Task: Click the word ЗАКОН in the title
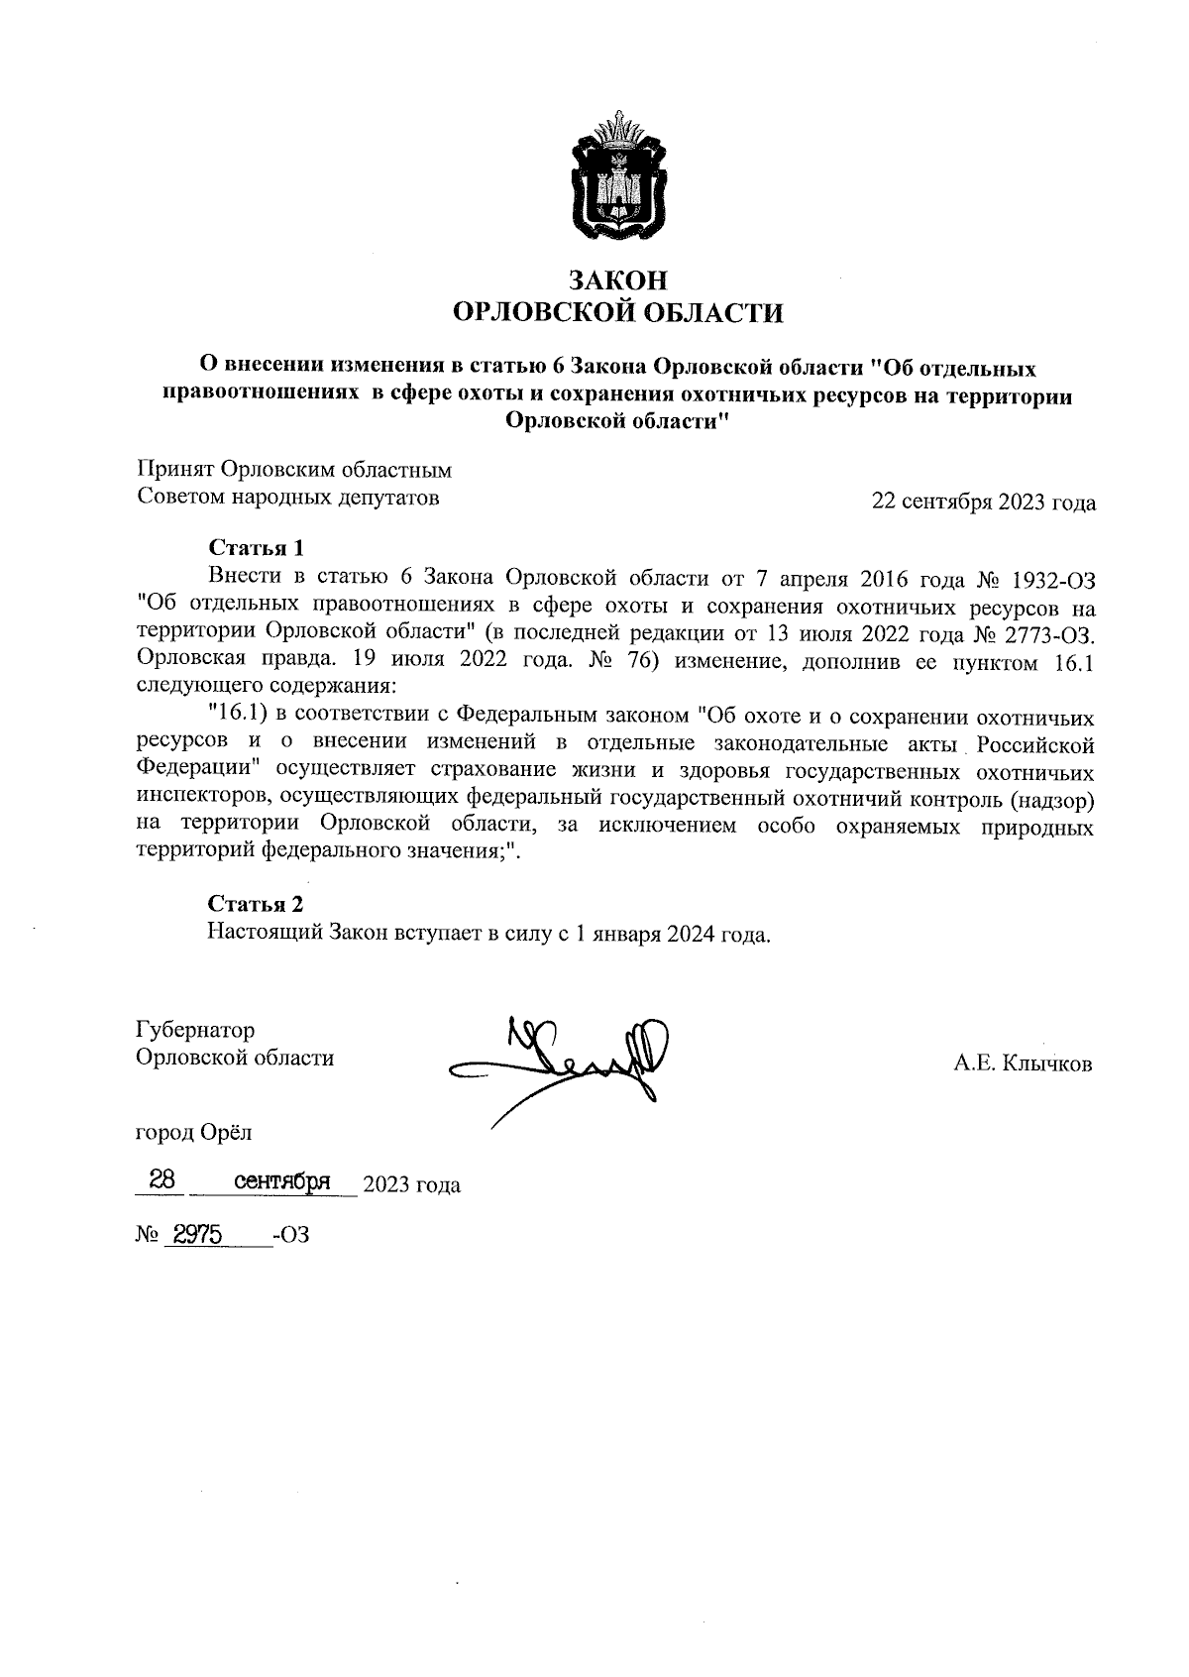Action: tap(617, 280)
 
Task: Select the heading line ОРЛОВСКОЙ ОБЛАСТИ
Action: tap(617, 314)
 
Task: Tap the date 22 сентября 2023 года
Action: tap(983, 503)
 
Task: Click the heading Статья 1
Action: tap(255, 548)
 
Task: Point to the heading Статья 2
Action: tap(255, 904)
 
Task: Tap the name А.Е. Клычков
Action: tap(1024, 1064)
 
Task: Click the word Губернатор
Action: tap(195, 1030)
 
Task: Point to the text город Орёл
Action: tap(194, 1131)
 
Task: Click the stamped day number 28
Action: tap(162, 1180)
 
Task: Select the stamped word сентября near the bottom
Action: tap(281, 1181)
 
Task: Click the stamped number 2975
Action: tap(197, 1235)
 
